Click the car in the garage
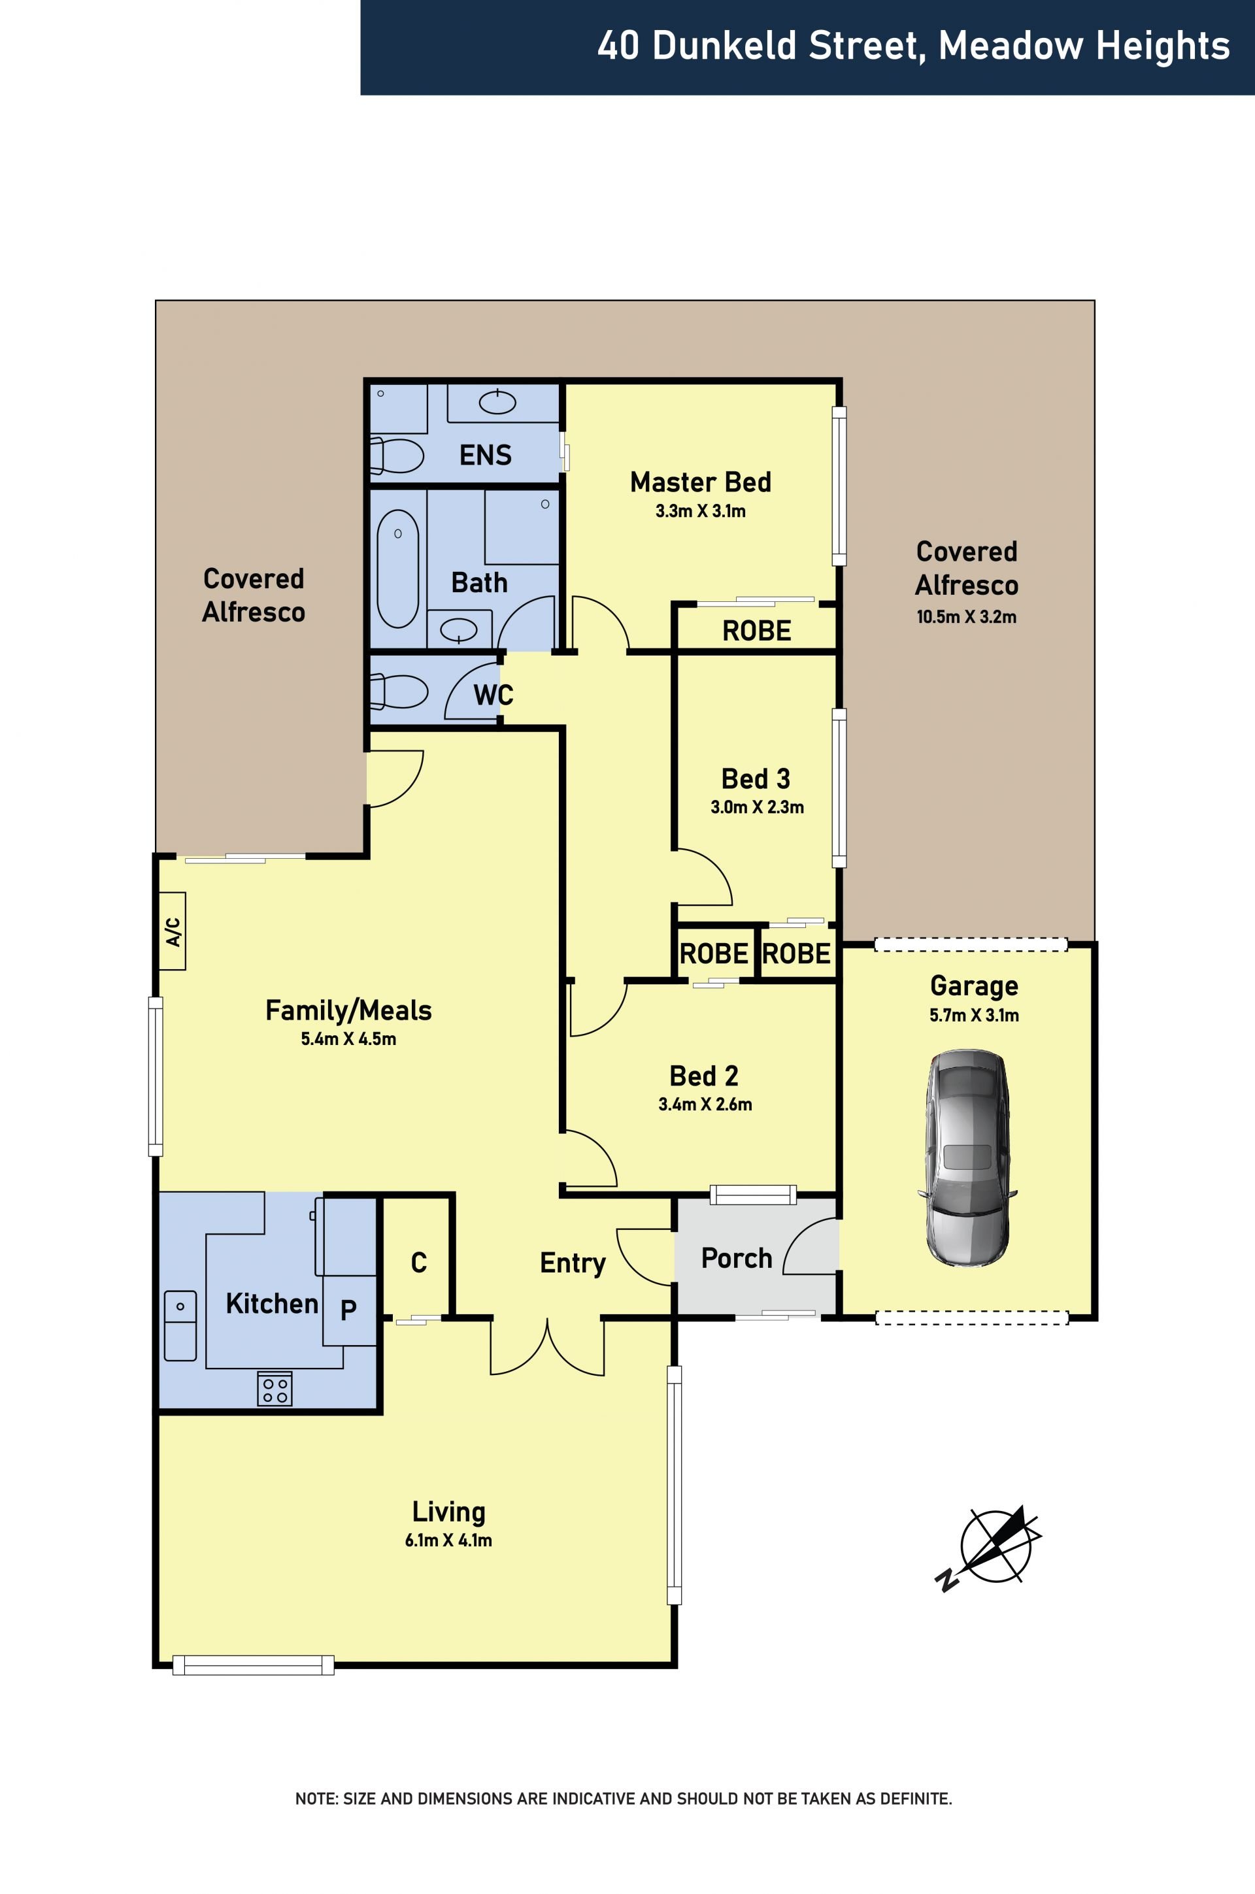point(967,1159)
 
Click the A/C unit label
point(173,931)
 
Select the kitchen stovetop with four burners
point(275,1388)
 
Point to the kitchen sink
point(180,1325)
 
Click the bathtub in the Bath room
point(398,568)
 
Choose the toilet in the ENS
point(396,456)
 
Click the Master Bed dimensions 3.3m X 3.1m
point(700,511)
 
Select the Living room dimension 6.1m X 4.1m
point(448,1540)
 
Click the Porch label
point(737,1259)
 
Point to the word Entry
point(573,1263)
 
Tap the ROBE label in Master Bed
point(756,631)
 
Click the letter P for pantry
point(348,1310)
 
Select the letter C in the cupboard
point(418,1263)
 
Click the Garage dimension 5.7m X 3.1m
point(974,1016)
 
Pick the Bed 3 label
point(756,778)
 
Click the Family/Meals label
point(348,1010)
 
